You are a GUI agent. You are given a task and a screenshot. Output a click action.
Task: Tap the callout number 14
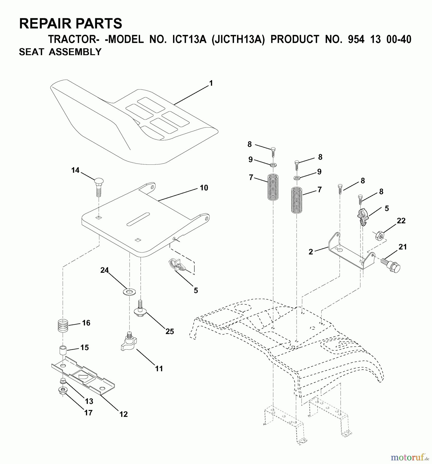coord(75,170)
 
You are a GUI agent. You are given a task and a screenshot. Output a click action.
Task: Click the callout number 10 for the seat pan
coord(204,188)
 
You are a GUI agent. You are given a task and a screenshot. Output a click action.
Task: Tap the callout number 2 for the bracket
coord(311,252)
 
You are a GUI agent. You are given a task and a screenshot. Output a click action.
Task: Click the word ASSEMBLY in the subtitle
coord(75,52)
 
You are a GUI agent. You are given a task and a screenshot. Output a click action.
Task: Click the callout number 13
coord(89,401)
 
